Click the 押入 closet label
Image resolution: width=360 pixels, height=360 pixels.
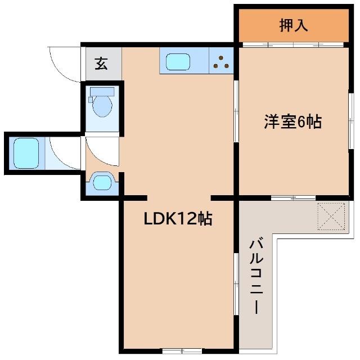pyautogui.click(x=293, y=26)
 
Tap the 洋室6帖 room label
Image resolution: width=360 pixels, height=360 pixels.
pyautogui.click(x=293, y=122)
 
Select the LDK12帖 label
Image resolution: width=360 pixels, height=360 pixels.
pyautogui.click(x=178, y=219)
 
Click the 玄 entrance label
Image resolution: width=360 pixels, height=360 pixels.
pyautogui.click(x=101, y=64)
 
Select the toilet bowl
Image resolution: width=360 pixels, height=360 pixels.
pyautogui.click(x=102, y=106)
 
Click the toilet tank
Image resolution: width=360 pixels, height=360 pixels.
pyautogui.click(x=102, y=91)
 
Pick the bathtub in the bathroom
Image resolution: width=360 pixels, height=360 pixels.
pyautogui.click(x=25, y=152)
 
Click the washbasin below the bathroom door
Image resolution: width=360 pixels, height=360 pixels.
pyautogui.click(x=102, y=182)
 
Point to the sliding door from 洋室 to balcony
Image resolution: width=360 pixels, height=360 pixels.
pyautogui.click(x=292, y=197)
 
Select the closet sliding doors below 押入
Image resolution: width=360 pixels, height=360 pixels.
pyautogui.click(x=292, y=44)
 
